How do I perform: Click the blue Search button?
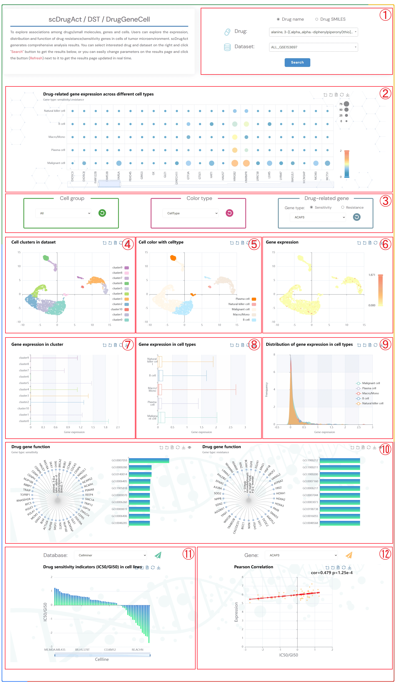(297, 62)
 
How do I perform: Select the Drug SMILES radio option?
(317, 19)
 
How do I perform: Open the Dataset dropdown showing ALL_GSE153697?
(313, 47)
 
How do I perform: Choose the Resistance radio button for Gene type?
(343, 208)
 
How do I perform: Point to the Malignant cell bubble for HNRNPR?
(246, 163)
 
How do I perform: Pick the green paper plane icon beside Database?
(158, 555)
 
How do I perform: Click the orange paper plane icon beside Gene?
(349, 555)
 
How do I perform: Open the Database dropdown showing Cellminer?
(110, 555)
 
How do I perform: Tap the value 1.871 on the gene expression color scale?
(372, 275)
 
